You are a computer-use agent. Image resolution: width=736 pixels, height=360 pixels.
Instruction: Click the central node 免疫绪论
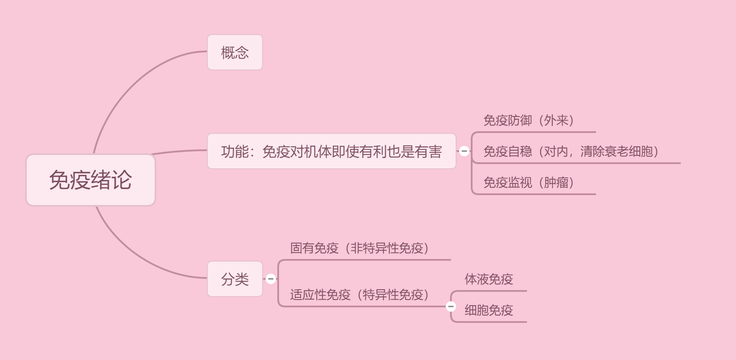(x=90, y=180)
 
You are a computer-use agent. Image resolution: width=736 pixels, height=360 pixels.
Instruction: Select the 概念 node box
(x=235, y=52)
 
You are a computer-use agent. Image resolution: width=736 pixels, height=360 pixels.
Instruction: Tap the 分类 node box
(x=235, y=279)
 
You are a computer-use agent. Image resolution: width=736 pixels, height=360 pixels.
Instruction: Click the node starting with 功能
(x=331, y=151)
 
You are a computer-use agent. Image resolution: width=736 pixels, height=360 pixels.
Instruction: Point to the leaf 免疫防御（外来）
(x=529, y=120)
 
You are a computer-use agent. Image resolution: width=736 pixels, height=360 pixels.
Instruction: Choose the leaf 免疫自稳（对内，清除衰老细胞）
(x=571, y=152)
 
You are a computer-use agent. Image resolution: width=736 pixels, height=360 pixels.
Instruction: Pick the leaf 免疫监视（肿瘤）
(x=529, y=183)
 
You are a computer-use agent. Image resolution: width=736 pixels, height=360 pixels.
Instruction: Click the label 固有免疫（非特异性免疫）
(x=359, y=248)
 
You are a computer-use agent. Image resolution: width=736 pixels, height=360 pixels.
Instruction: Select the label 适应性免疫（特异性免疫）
(x=359, y=295)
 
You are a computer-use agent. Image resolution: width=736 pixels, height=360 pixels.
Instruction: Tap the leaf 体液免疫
(x=489, y=279)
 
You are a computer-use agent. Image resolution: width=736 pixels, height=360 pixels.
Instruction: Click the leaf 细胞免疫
(x=489, y=310)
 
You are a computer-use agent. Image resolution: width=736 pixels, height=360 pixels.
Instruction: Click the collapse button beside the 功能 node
(x=464, y=151)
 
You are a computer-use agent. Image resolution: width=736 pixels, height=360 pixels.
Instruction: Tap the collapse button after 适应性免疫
(x=451, y=306)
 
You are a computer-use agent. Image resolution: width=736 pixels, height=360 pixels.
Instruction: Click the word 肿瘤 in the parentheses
(x=556, y=183)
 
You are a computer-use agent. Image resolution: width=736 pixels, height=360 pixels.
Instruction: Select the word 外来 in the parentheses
(x=556, y=120)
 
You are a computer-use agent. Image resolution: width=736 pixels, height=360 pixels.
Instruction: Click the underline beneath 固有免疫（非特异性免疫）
(x=367, y=260)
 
